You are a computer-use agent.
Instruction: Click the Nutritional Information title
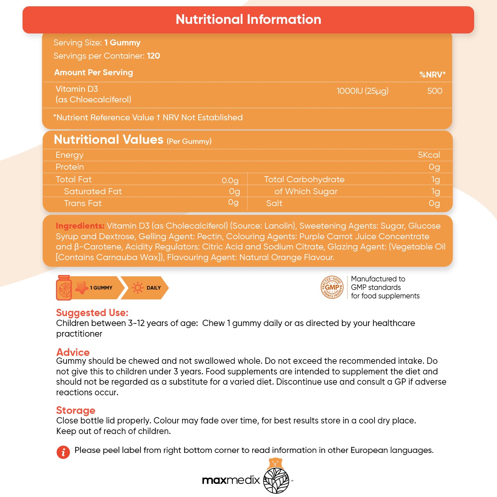click(x=248, y=20)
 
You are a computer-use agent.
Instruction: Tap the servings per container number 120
click(x=153, y=56)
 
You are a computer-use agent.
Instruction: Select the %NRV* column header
click(x=432, y=75)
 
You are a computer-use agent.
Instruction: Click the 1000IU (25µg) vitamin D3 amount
click(x=362, y=91)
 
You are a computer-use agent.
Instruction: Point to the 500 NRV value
click(x=435, y=91)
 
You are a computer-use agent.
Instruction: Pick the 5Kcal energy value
click(x=429, y=155)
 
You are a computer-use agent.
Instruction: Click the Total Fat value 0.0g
click(x=230, y=181)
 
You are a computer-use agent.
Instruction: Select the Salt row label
click(x=274, y=203)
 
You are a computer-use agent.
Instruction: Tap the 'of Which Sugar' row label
click(x=306, y=192)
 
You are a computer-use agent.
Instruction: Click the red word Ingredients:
click(x=80, y=226)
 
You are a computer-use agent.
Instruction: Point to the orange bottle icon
click(x=64, y=288)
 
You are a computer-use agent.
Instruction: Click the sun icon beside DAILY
click(x=138, y=288)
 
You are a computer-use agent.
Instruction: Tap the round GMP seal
click(x=332, y=287)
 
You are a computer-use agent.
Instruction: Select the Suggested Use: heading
click(x=92, y=313)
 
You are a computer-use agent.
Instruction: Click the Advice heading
click(x=73, y=352)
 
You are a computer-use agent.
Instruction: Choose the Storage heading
click(x=76, y=410)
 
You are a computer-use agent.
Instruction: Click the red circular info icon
click(x=63, y=452)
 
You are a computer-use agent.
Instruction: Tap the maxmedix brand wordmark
click(x=231, y=480)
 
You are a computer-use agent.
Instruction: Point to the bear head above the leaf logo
click(x=275, y=463)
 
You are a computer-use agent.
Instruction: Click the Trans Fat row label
click(x=83, y=203)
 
